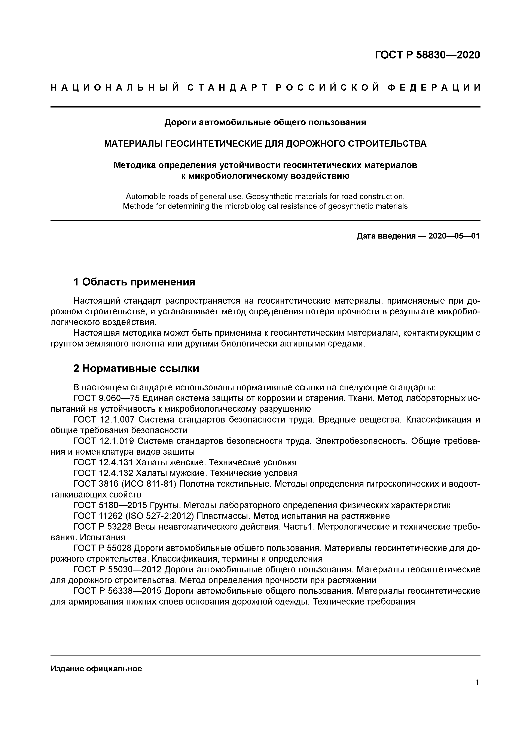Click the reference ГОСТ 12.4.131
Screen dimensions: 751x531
click(x=103, y=463)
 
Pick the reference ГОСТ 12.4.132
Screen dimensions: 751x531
click(x=103, y=473)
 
